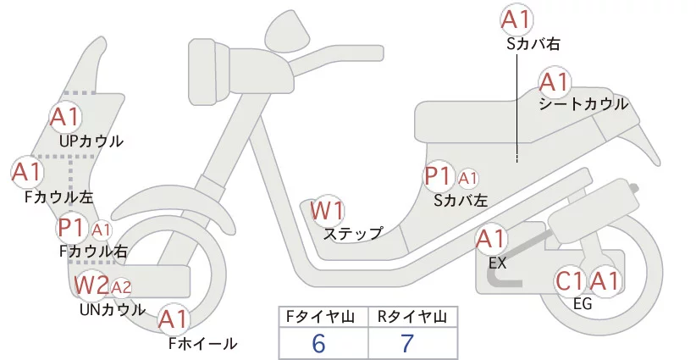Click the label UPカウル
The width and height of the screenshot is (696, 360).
(x=91, y=141)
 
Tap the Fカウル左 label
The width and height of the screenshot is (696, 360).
(x=58, y=197)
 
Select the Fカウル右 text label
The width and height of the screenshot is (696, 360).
(x=93, y=251)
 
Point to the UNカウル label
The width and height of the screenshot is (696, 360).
(x=112, y=309)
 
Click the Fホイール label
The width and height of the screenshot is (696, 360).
(x=202, y=343)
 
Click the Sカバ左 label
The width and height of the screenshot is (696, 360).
(x=461, y=201)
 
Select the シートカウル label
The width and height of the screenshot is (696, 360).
(x=583, y=104)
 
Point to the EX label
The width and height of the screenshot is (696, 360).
(x=497, y=263)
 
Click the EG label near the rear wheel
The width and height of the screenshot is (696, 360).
(x=583, y=304)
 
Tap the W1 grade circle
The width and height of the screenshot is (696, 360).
(x=327, y=211)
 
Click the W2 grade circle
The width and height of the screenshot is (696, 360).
(x=91, y=285)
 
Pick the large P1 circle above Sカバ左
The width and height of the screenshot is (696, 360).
(x=440, y=177)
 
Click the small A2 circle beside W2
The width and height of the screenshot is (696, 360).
(x=121, y=286)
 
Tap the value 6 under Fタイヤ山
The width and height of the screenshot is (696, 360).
(x=318, y=344)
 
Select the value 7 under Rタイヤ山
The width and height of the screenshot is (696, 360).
(x=408, y=344)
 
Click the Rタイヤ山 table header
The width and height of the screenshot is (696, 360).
(x=412, y=317)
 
